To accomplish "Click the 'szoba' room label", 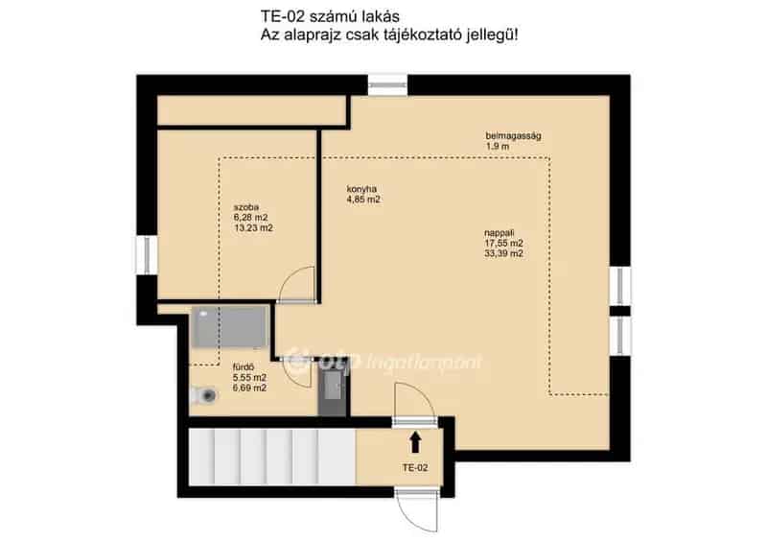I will (246, 206).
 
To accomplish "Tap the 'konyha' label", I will (361, 189).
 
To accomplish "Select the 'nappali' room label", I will (500, 231).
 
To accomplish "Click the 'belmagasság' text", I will (513, 136).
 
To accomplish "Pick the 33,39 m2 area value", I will (504, 254).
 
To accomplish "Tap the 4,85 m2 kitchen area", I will (363, 200).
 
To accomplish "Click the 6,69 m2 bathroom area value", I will (249, 389).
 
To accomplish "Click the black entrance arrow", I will (415, 441).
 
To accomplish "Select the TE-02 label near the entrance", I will (415, 468).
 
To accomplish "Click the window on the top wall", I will (388, 84).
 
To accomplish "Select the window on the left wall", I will (147, 257).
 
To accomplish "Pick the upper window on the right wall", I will (620, 285).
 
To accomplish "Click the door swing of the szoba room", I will (298, 283).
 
